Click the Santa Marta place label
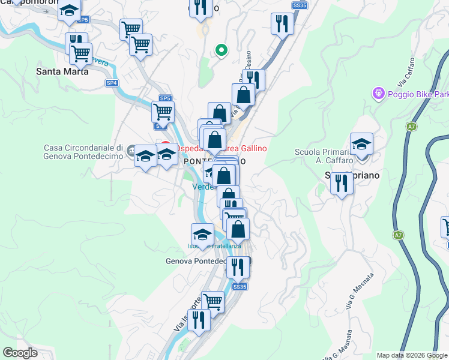pyautogui.click(x=62, y=71)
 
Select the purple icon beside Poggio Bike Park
pyautogui.click(x=379, y=94)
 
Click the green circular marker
pyautogui.click(x=221, y=50)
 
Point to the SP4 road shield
pyautogui.click(x=112, y=83)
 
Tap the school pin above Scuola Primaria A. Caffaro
pyautogui.click(x=361, y=145)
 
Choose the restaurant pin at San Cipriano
pyautogui.click(x=342, y=182)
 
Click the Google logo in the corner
pyautogui.click(x=20, y=353)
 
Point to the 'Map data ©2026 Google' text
pyautogui.click(x=411, y=355)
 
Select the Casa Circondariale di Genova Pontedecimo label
pyautogui.click(x=83, y=152)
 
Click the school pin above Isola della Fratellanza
pyautogui.click(x=202, y=235)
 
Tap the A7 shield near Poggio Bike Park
pyautogui.click(x=411, y=127)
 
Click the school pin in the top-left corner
pyautogui.click(x=70, y=12)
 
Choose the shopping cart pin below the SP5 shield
pyautogui.click(x=163, y=112)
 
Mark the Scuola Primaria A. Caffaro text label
pyautogui.click(x=322, y=156)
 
